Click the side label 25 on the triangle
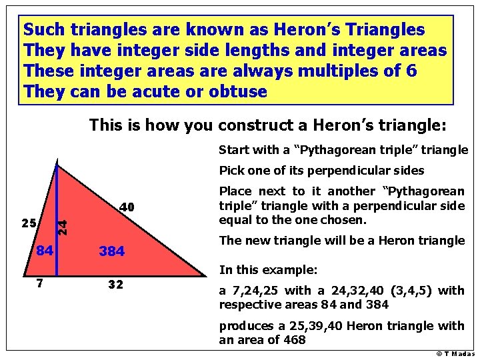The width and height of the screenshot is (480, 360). [x=28, y=223]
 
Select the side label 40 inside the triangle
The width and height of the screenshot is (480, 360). [x=127, y=208]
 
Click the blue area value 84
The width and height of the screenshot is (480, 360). [x=45, y=251]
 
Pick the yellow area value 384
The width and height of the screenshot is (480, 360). [x=111, y=252]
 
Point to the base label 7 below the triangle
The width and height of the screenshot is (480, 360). [x=40, y=283]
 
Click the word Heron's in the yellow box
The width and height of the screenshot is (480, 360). [x=303, y=30]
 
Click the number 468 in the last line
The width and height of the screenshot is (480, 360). [x=292, y=339]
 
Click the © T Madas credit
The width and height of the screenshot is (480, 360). [x=455, y=353]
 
